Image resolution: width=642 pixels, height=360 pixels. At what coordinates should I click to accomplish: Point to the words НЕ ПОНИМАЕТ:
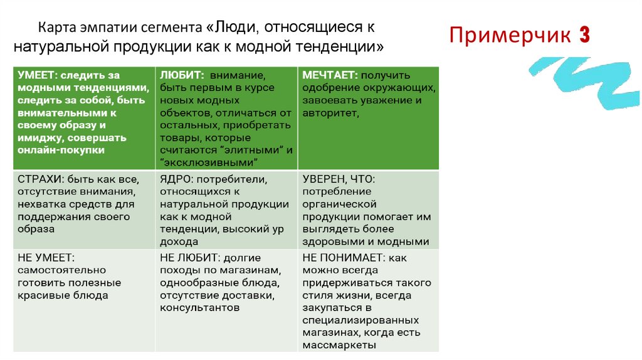coord(344,258)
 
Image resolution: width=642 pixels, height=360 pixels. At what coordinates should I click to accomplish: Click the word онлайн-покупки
coord(61,151)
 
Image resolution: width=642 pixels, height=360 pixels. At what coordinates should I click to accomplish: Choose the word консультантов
coord(199,308)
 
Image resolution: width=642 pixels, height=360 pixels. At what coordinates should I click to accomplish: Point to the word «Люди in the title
coord(231,28)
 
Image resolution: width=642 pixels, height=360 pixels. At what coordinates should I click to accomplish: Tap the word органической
coord(339,204)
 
